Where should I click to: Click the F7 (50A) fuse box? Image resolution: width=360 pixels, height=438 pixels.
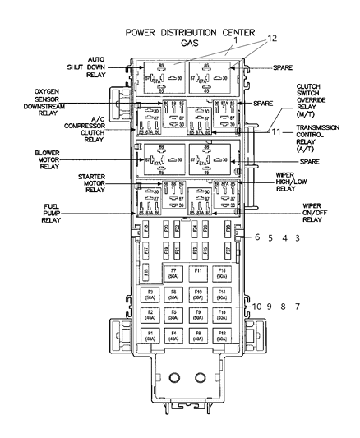pyautogui.click(x=173, y=274)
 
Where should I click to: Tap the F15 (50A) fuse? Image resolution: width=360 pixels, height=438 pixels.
pyautogui.click(x=221, y=274)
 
